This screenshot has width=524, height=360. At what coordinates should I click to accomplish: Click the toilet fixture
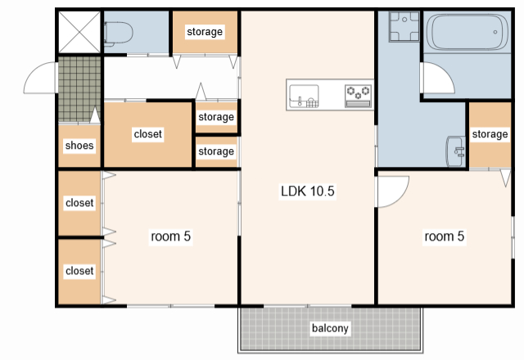coord(118,33)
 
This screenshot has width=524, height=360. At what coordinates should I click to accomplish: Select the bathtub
coord(468,32)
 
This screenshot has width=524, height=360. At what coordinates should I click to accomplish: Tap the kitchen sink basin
coord(304,96)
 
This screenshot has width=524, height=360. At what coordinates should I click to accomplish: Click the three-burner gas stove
coord(358,97)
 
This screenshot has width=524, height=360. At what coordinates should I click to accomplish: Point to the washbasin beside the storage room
coord(455,151)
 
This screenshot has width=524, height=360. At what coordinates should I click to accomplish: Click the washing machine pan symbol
coord(404,26)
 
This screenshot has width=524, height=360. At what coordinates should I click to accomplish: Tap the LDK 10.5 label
coord(308,191)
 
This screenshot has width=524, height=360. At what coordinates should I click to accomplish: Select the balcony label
coord(330,328)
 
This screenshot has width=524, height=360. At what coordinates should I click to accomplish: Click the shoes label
coord(79,146)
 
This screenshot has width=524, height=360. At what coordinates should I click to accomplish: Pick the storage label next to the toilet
coord(205,32)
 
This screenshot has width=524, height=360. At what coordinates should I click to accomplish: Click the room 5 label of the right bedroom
coord(444,236)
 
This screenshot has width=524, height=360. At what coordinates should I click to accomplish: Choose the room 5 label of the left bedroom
coord(170,236)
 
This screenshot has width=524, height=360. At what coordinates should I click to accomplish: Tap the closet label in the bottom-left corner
coord(79,271)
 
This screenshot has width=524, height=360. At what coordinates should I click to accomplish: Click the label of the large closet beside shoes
coord(147,134)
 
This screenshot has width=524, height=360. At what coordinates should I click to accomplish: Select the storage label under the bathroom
coord(490,134)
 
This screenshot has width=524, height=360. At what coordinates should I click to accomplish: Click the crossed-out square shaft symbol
coord(79,33)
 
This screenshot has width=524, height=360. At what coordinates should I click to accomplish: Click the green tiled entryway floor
coord(79,89)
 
